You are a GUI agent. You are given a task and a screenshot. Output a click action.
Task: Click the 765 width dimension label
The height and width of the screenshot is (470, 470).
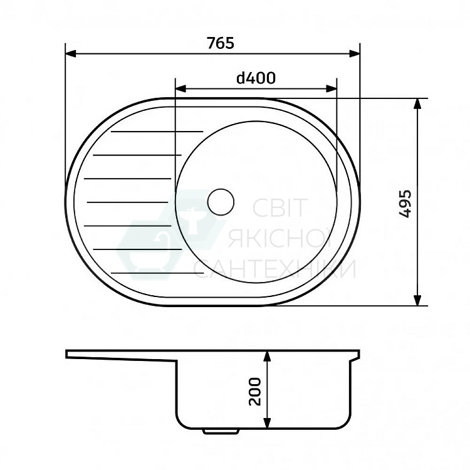click(x=220, y=43)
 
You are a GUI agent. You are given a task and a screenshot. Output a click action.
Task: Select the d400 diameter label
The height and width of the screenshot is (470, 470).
click(x=256, y=78)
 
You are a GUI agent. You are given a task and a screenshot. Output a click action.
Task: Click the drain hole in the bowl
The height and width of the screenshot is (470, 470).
click(x=220, y=202)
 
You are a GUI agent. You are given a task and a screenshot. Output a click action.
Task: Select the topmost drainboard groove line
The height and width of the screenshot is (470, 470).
click(x=157, y=132)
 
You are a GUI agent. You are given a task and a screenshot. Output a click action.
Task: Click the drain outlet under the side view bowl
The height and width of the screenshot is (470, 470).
click(x=221, y=432)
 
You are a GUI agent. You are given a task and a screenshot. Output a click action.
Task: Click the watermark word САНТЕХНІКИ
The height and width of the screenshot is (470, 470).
click(x=274, y=269)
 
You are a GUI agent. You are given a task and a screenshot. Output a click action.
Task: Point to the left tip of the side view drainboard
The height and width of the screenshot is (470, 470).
click(x=68, y=354)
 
